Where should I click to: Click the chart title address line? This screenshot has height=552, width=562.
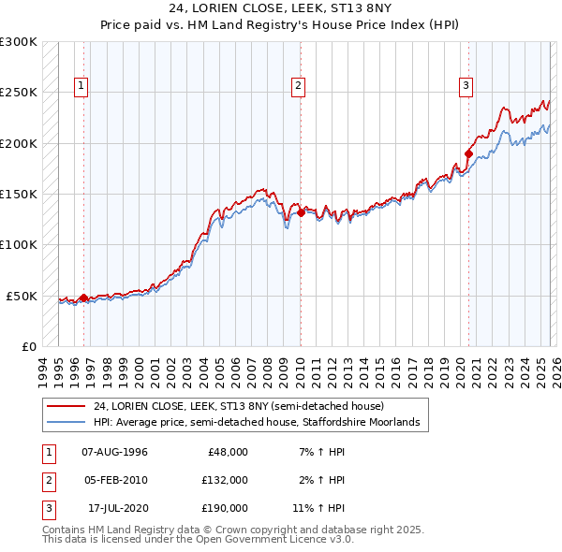point(281,8)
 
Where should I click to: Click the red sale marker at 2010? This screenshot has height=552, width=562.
point(301,212)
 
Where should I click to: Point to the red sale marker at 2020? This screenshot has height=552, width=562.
point(468,153)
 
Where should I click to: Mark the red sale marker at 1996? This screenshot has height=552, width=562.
point(83,298)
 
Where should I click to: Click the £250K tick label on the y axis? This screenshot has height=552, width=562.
point(19,93)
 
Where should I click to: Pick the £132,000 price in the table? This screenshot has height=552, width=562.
point(225,480)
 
